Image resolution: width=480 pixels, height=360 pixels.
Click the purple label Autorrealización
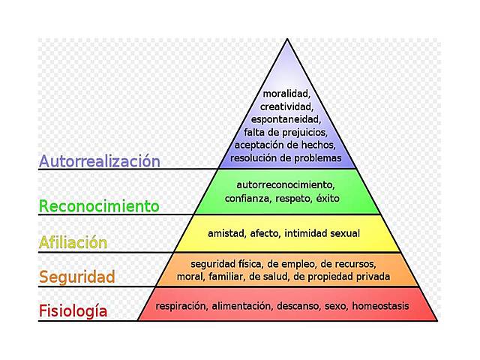(100, 161)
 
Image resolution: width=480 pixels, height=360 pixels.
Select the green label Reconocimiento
(99, 205)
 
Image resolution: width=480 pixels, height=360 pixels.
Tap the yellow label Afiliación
(73, 242)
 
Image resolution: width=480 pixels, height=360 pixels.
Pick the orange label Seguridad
(77, 277)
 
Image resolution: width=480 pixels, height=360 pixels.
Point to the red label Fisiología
(73, 310)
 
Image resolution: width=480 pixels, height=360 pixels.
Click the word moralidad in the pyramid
(286, 94)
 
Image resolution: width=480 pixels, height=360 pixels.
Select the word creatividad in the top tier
(286, 106)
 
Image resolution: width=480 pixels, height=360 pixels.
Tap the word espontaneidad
(286, 119)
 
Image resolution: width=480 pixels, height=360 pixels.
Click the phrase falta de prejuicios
(286, 132)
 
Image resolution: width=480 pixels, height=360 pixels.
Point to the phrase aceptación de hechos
(286, 145)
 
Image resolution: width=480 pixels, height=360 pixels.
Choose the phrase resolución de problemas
(286, 157)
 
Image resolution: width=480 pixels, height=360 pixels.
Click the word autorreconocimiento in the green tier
(286, 184)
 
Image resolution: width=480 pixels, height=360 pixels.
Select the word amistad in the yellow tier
(226, 234)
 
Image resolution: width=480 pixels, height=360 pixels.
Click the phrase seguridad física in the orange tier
(222, 264)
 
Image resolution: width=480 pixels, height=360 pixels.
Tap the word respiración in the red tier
(181, 306)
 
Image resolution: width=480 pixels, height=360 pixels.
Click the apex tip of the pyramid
(286, 40)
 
